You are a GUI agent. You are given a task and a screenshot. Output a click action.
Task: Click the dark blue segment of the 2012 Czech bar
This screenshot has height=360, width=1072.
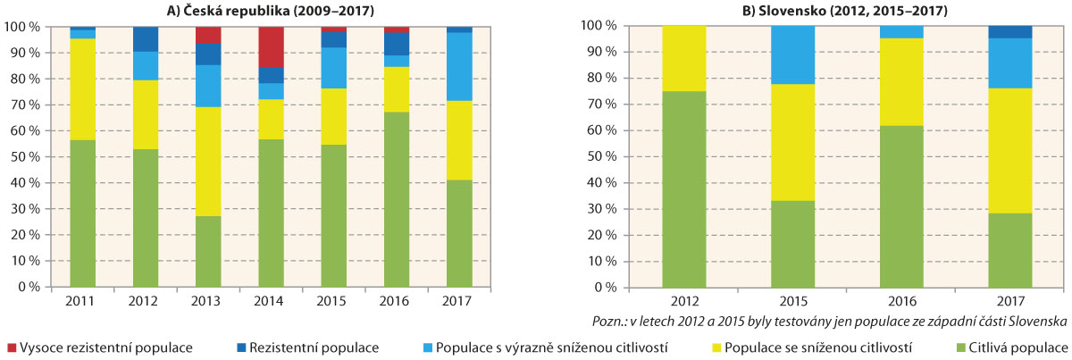tap(145, 39)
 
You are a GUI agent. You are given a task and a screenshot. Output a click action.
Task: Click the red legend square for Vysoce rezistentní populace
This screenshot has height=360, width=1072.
tap(10, 347)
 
